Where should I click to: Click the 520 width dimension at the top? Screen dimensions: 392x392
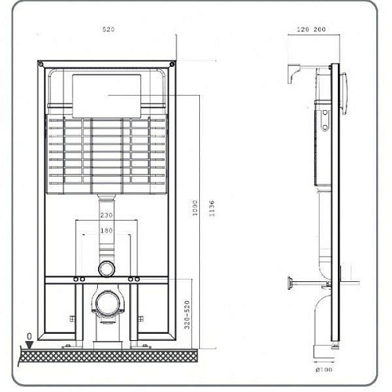click(108, 29)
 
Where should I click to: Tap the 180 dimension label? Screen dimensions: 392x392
click(107, 231)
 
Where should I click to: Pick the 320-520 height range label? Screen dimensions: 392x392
click(184, 314)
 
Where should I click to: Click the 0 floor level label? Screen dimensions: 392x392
click(30, 337)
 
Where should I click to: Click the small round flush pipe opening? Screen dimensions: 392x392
click(107, 268)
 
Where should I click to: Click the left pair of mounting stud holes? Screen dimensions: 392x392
click(79, 279)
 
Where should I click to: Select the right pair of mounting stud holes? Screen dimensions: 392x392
click(135, 279)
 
